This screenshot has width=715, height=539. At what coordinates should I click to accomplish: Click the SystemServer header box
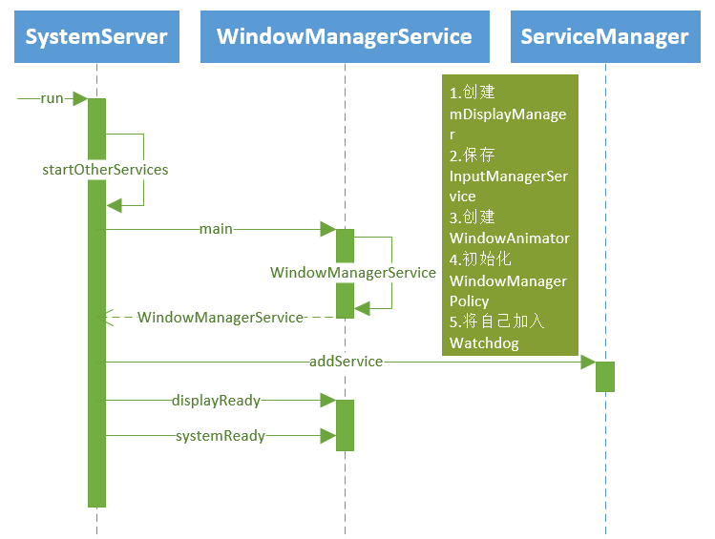click(96, 37)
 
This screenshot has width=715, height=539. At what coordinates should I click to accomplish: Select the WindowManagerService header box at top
click(344, 37)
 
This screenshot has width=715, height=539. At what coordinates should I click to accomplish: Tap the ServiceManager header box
click(604, 37)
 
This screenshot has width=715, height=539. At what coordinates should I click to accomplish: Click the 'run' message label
click(52, 98)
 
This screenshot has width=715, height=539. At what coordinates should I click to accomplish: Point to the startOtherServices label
click(105, 170)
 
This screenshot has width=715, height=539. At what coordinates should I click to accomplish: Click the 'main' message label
click(216, 229)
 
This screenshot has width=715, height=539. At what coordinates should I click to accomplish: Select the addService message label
click(346, 362)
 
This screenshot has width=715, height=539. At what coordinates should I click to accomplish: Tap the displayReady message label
click(216, 401)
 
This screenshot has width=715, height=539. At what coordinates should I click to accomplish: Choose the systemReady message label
click(220, 436)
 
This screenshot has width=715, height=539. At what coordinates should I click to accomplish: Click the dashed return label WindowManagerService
click(221, 317)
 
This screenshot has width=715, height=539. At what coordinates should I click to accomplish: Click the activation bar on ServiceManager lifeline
click(605, 376)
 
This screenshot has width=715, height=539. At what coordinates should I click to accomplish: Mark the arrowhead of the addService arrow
click(588, 363)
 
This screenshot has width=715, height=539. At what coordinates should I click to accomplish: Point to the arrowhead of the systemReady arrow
click(327, 436)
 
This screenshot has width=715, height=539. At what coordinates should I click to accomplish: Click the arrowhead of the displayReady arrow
click(327, 401)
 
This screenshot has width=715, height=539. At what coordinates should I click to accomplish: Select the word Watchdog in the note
click(484, 342)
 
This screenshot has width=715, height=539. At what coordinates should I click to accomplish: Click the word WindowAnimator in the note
click(509, 238)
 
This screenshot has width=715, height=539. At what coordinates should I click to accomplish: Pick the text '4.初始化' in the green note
click(481, 259)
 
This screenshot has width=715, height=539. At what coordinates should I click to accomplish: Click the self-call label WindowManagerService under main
click(352, 273)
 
